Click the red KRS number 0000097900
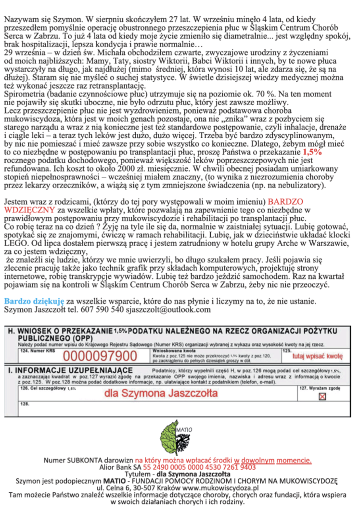click(x=99, y=356)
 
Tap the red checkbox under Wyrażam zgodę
click(x=322, y=396)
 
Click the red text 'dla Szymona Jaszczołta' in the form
click(x=161, y=394)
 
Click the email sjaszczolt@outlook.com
click(x=169, y=310)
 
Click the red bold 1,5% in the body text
click(x=313, y=152)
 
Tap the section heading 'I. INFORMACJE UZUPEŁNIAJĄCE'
click(x=70, y=370)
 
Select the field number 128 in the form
click(x=23, y=406)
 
